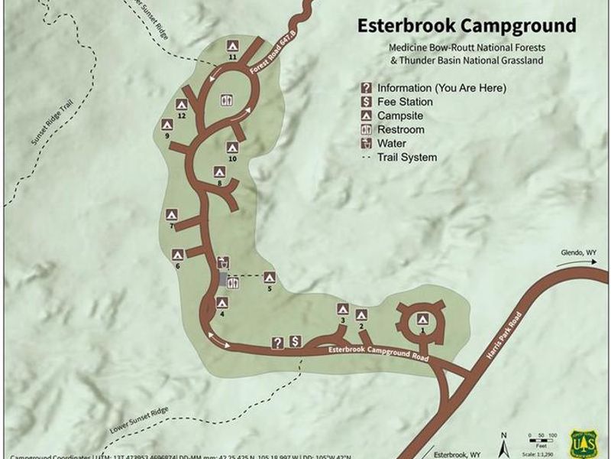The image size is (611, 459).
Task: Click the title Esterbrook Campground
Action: click(x=467, y=26)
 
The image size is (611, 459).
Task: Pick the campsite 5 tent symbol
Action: click(x=269, y=277)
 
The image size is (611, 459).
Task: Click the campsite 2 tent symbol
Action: click(x=361, y=314)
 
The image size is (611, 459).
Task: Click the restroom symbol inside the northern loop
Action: click(x=227, y=99)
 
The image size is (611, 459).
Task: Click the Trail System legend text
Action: click(x=407, y=158)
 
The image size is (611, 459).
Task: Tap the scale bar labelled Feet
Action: click(x=541, y=439)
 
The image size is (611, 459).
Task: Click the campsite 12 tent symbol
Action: click(x=182, y=104)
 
